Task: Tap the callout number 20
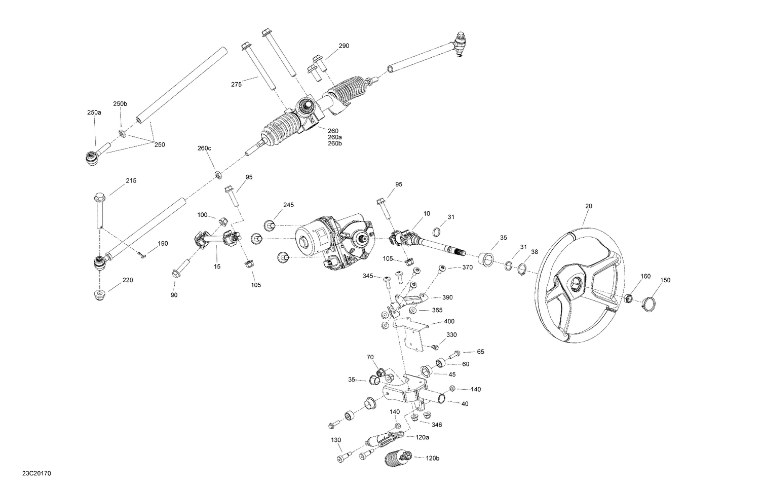[588, 206]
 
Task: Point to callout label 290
[344, 46]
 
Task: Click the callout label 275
[236, 85]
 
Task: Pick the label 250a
[94, 112]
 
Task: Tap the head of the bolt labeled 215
[99, 196]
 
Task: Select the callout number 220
[128, 280]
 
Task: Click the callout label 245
[288, 205]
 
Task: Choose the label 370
[467, 267]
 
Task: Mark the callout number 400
[449, 321]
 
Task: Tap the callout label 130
[336, 439]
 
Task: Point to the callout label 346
[436, 425]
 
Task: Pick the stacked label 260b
[335, 143]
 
